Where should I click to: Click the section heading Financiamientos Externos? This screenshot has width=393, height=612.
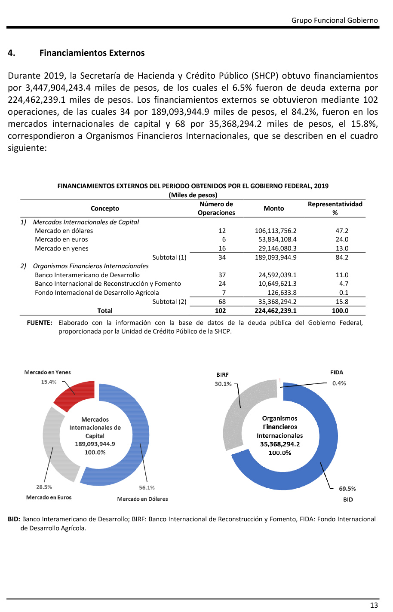(92, 53)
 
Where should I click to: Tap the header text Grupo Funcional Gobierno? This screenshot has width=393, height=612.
(335, 20)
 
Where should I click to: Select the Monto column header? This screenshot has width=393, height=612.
(274, 208)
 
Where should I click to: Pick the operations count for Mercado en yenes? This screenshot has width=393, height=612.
(222, 248)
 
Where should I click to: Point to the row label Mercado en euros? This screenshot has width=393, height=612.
(61, 239)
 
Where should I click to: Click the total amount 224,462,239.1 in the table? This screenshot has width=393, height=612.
(276, 311)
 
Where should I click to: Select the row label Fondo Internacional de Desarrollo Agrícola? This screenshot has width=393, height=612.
(97, 293)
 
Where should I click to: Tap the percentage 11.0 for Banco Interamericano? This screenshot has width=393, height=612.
(342, 275)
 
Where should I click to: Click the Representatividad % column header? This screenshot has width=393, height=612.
(335, 208)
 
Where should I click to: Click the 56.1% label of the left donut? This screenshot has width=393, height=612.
(147, 488)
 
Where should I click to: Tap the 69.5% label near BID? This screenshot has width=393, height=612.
(347, 489)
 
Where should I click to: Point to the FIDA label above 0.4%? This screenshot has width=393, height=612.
(337, 373)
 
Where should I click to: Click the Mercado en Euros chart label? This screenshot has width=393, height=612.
(49, 497)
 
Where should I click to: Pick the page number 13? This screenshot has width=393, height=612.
(374, 605)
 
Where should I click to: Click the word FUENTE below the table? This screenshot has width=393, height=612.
(40, 323)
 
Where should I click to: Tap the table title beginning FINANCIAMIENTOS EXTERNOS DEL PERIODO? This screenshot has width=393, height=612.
(193, 186)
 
